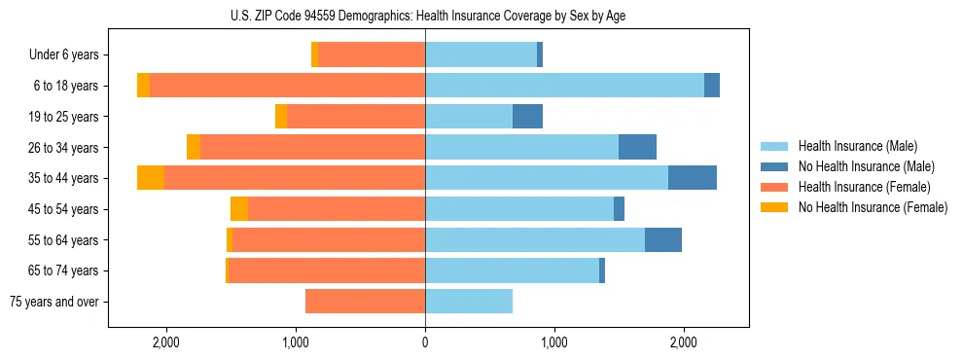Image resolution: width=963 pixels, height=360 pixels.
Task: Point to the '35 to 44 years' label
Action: pyautogui.click(x=63, y=178)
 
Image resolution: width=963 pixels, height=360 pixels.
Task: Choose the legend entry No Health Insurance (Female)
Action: pyautogui.click(x=873, y=207)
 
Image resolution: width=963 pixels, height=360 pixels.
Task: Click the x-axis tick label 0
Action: pyautogui.click(x=425, y=342)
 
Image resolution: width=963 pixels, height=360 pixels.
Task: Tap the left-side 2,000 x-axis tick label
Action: pyautogui.click(x=166, y=342)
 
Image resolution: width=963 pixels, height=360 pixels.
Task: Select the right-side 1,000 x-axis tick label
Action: pyautogui.click(x=553, y=342)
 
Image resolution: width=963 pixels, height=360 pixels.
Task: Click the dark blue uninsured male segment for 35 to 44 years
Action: pyautogui.click(x=692, y=178)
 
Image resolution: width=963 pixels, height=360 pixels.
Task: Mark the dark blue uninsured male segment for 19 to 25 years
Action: pyautogui.click(x=527, y=117)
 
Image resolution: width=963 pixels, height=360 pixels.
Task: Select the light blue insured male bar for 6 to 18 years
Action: pyautogui.click(x=564, y=86)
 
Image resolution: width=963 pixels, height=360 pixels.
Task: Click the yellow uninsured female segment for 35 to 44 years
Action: pyautogui.click(x=151, y=178)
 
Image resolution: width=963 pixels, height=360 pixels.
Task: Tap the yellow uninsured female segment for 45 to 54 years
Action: pyautogui.click(x=239, y=209)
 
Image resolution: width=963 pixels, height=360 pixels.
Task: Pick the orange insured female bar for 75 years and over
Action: pyautogui.click(x=365, y=302)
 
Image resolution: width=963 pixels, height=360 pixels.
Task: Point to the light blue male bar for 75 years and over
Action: pyautogui.click(x=469, y=302)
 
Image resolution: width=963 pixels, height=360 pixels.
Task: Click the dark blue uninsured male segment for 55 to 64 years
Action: pyautogui.click(x=662, y=239)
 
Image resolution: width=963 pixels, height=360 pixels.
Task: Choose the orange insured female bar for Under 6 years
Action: pyautogui.click(x=372, y=55)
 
